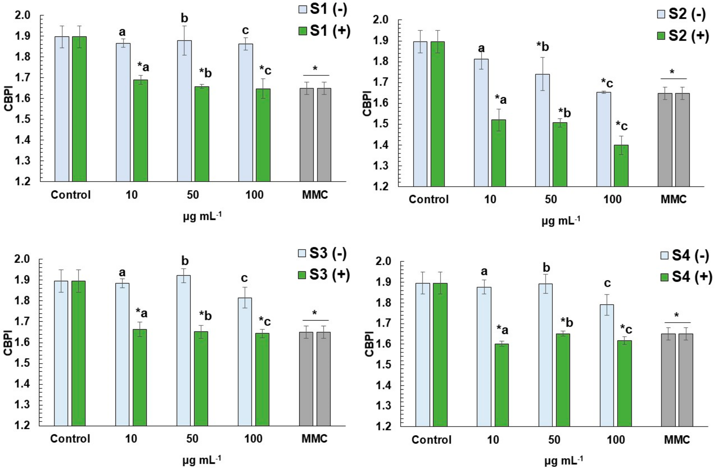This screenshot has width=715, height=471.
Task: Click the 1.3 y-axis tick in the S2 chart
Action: point(381,166)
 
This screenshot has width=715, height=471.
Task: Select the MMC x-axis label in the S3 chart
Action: point(314,439)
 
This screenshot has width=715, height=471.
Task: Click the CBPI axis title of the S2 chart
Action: point(367,103)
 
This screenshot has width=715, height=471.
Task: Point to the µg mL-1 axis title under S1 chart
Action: point(202,217)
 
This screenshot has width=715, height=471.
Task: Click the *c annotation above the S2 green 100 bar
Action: point(621,125)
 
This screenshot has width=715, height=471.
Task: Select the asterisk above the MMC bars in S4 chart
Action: point(676,315)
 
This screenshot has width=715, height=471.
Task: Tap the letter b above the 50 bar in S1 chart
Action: point(184,19)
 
